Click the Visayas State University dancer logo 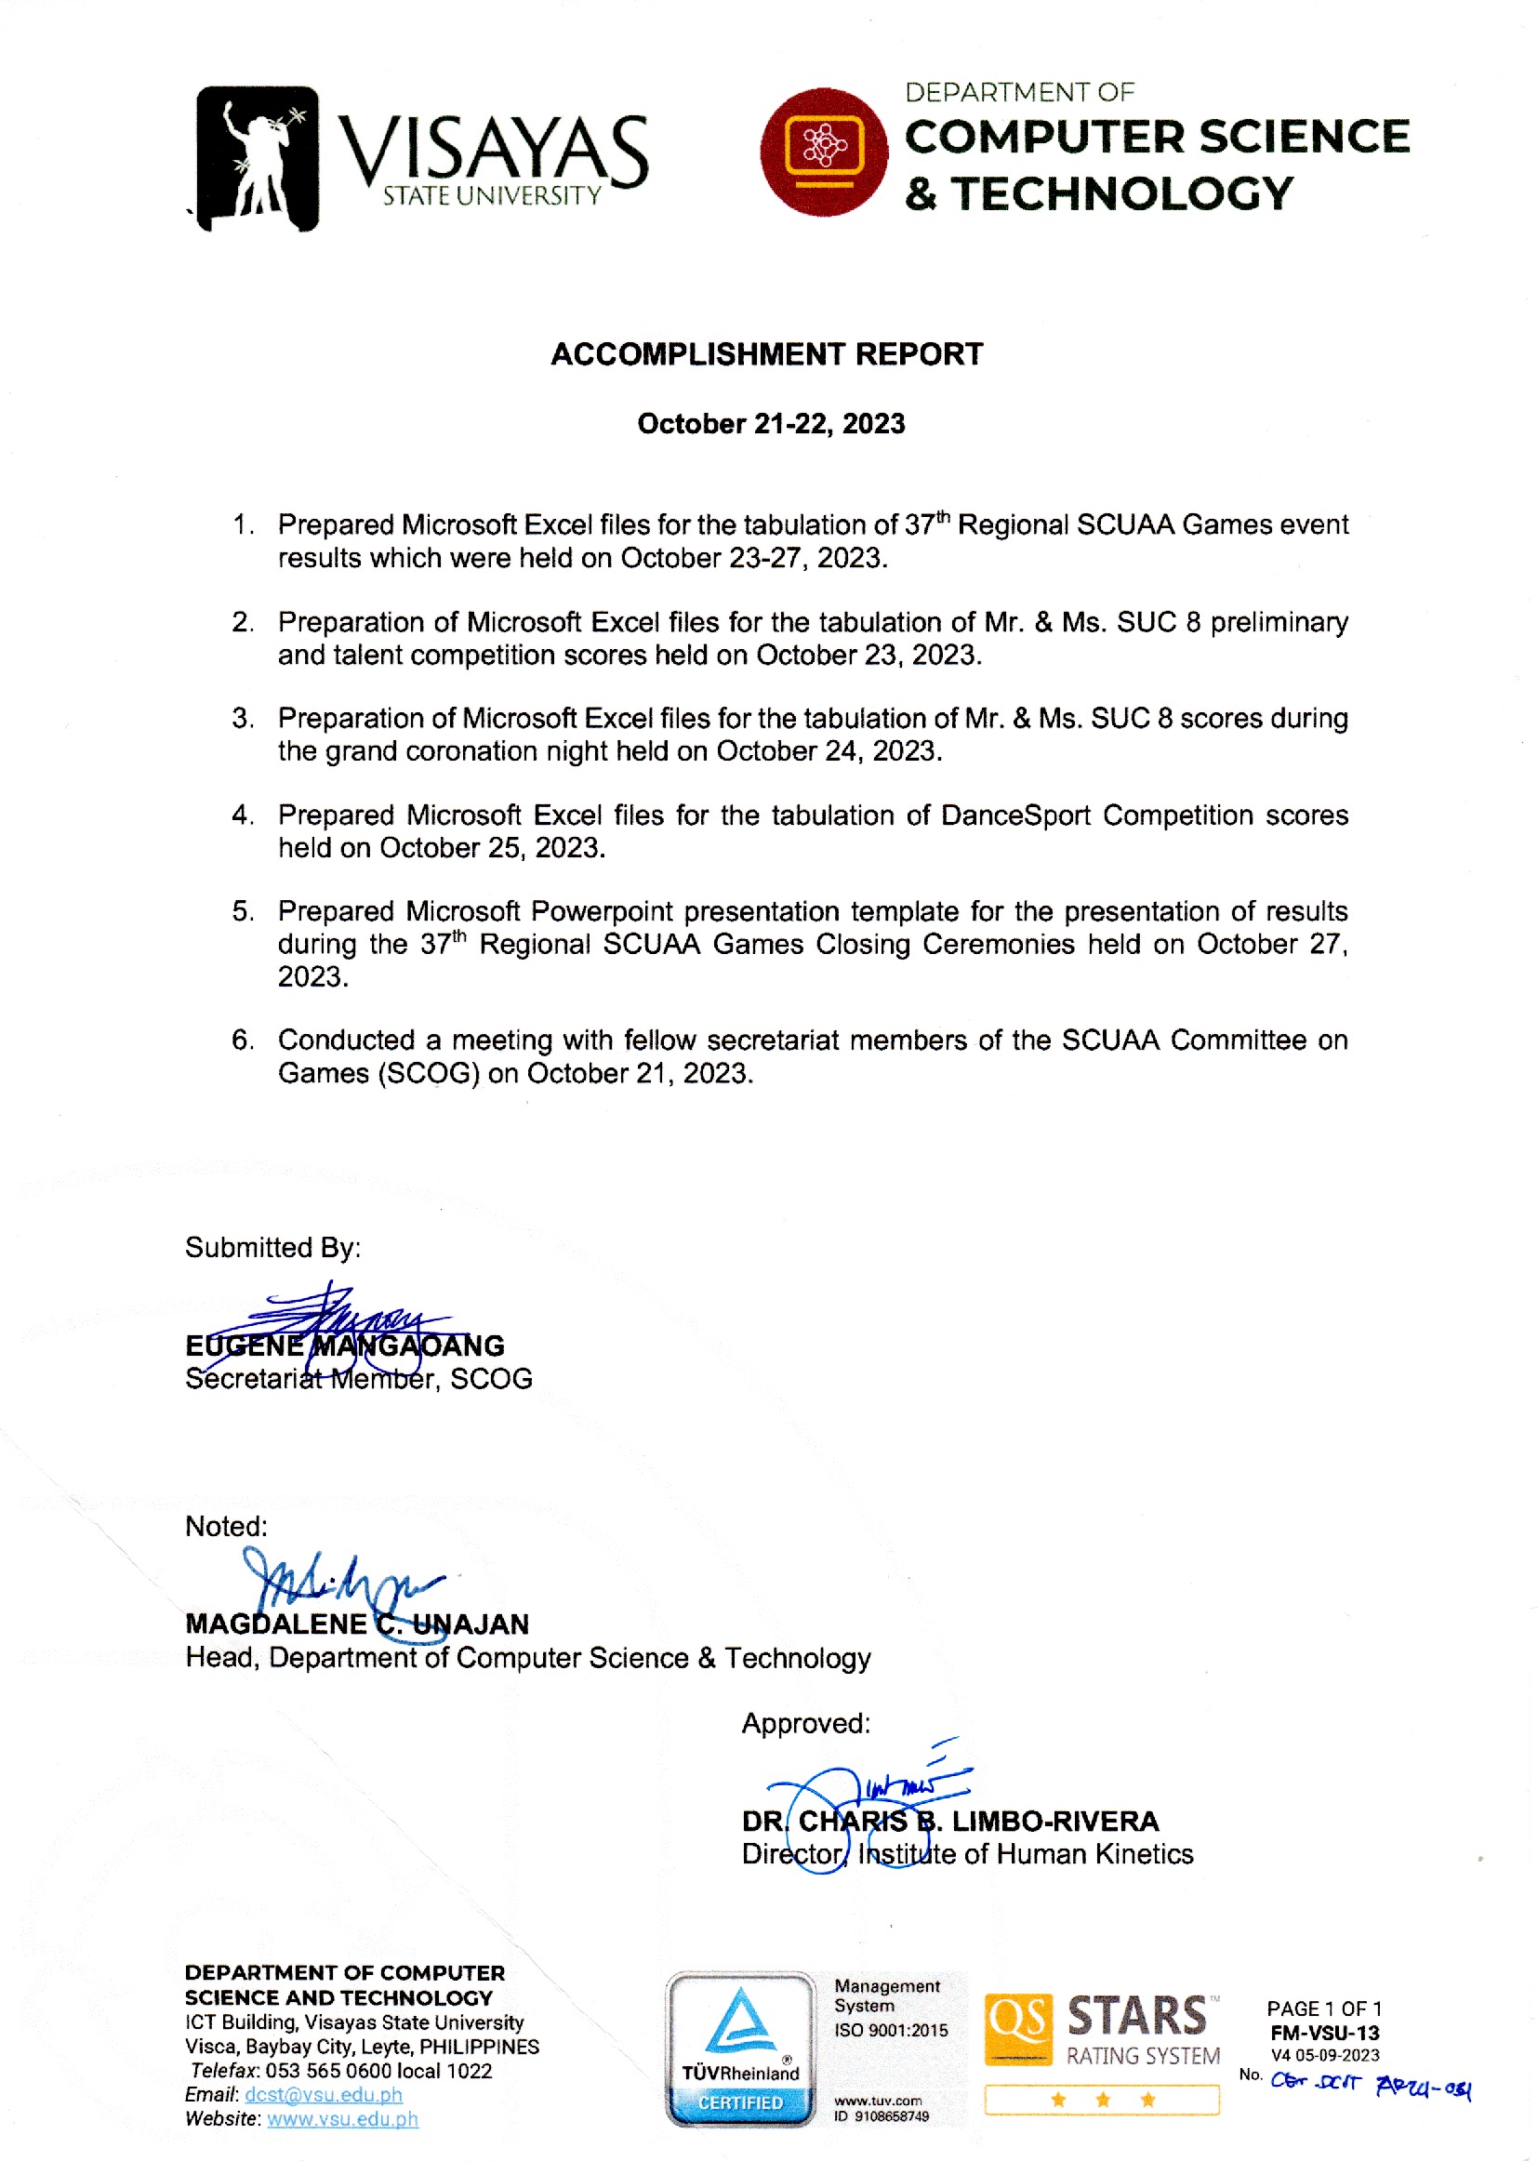tap(258, 158)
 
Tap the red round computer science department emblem tap(823, 152)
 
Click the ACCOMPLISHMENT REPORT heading tap(767, 354)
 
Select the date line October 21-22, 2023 tap(771, 423)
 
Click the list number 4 tap(243, 815)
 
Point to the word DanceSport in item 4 tap(1015, 815)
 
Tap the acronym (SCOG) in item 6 tap(429, 1073)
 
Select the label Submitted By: tap(272, 1247)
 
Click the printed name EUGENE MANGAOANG tap(345, 1345)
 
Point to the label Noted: tap(226, 1526)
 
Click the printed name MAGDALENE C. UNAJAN tap(357, 1624)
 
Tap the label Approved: tap(805, 1723)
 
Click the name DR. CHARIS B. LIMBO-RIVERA tap(950, 1821)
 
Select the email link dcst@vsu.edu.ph tap(323, 2094)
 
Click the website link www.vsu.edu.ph tap(342, 2119)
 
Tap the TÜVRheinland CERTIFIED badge tap(739, 2049)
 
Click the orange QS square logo tap(1018, 2028)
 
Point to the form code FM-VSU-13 tap(1324, 2033)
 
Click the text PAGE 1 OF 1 tap(1324, 2008)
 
